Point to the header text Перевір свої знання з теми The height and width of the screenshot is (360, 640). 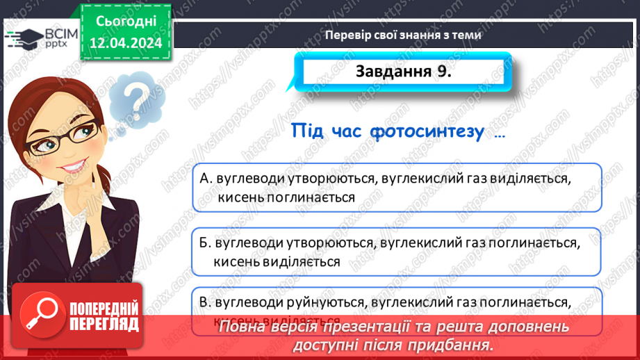pyautogui.click(x=404, y=34)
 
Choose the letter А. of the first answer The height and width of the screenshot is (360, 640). pyautogui.click(x=206, y=179)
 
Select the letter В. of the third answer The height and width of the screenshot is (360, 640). pyautogui.click(x=206, y=302)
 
